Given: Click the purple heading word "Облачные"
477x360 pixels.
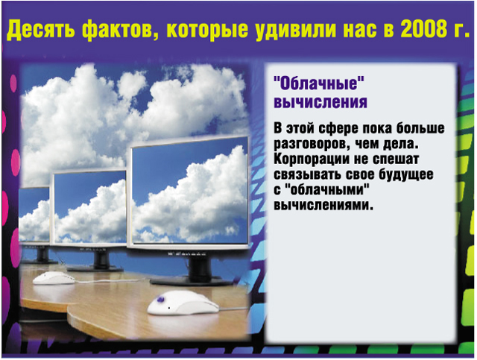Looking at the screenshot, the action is click(319, 83).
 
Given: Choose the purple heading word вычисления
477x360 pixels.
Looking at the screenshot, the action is click(320, 102).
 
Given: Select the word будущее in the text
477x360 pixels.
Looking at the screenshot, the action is click(406, 175).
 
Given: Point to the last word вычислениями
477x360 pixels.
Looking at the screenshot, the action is click(323, 205).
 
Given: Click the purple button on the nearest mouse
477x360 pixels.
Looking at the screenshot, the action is click(160, 299).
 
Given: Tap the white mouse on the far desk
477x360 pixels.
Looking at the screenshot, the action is click(54, 277).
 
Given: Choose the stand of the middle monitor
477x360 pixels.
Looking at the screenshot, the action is click(98, 262).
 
